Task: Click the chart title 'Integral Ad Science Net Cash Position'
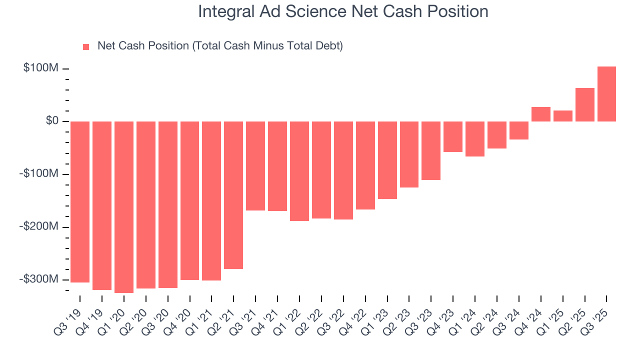(x=343, y=11)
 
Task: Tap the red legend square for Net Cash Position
(x=86, y=46)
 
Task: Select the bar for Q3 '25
(x=606, y=94)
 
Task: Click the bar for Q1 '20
(x=124, y=207)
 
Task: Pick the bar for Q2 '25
(x=584, y=104)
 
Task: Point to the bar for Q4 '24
(x=540, y=114)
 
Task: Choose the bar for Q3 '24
(x=518, y=130)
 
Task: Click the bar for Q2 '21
(x=233, y=195)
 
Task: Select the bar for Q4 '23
(x=453, y=136)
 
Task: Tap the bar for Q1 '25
(x=562, y=116)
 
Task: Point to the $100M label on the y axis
(x=41, y=68)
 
